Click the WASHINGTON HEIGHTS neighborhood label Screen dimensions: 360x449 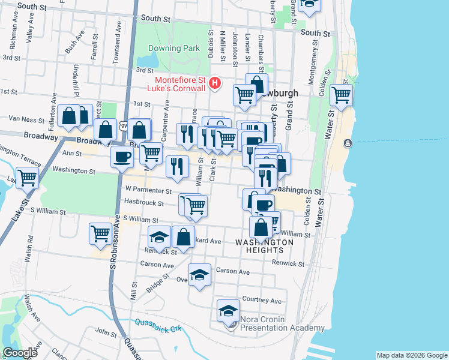tap(264, 246)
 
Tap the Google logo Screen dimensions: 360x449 tap(20, 353)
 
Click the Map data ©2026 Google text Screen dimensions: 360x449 tap(412, 355)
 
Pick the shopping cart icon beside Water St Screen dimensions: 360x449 tap(341, 95)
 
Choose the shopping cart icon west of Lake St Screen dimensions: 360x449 tap(27, 177)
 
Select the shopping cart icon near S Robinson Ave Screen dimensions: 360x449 tap(100, 233)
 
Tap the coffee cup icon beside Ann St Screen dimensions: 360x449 tap(122, 158)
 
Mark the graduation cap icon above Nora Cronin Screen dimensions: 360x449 tap(228, 310)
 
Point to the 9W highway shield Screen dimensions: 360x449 tap(124, 124)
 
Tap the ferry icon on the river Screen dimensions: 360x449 tap(347, 143)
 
